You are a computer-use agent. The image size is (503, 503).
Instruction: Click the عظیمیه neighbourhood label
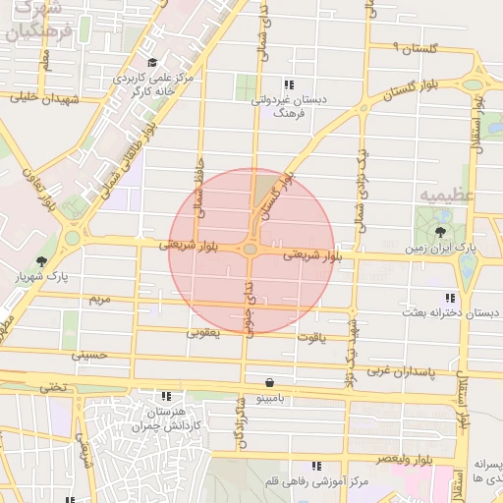[x=447, y=196]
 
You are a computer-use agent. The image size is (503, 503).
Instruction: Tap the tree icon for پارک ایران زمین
[x=439, y=233]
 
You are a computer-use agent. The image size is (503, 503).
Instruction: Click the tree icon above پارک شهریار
[x=41, y=261]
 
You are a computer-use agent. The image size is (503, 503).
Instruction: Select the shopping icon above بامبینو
[x=269, y=382]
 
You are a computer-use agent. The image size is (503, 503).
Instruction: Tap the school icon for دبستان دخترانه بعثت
[x=450, y=297]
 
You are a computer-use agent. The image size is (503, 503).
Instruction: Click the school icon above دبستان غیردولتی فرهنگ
[x=288, y=84]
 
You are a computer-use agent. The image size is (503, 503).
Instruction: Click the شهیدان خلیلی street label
[x=37, y=97]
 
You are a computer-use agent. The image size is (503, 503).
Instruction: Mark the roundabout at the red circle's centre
[x=251, y=250]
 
